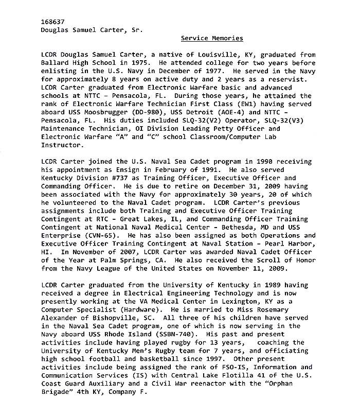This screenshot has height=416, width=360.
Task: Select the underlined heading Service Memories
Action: [212, 38]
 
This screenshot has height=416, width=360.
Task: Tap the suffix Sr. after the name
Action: [134, 30]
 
